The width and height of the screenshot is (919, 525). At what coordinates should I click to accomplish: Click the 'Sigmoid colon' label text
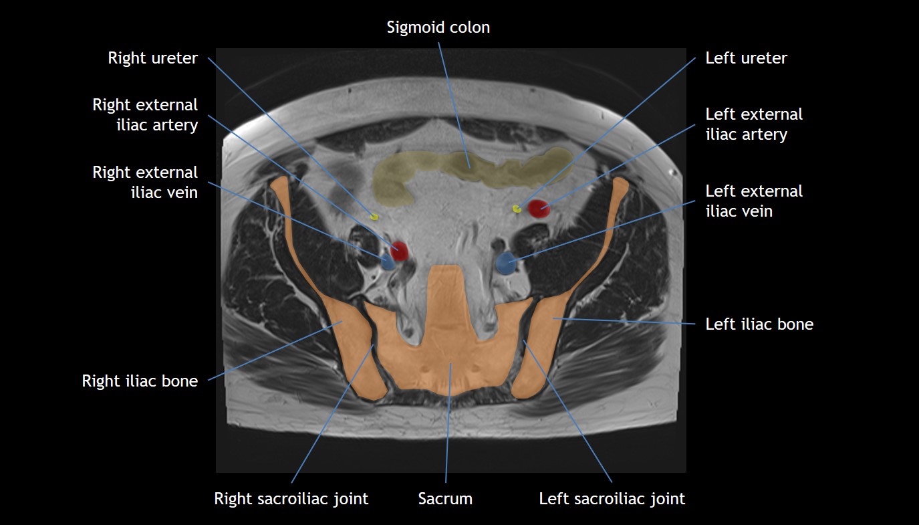[x=438, y=27]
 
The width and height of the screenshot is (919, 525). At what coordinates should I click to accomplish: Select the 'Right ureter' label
[x=152, y=58]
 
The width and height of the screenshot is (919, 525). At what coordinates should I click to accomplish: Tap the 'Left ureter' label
[x=746, y=58]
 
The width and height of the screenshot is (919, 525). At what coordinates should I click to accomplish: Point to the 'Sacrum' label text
[x=445, y=498]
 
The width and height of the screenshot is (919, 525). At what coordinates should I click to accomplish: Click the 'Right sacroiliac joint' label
[x=291, y=498]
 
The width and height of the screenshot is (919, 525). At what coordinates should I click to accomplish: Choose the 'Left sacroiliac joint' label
[x=612, y=498]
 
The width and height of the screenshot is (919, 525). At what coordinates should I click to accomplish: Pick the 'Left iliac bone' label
[x=759, y=324]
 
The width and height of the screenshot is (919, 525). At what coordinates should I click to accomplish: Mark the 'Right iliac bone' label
[x=140, y=381]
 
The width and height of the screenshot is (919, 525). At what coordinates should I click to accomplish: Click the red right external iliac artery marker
[x=399, y=251]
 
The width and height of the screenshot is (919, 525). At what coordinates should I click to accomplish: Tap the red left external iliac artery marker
[x=539, y=209]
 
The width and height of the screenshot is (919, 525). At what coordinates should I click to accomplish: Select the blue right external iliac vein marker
[x=388, y=262]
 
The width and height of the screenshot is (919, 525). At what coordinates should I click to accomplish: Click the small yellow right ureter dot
[x=374, y=217]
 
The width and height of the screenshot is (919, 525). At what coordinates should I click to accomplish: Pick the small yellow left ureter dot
[x=517, y=209]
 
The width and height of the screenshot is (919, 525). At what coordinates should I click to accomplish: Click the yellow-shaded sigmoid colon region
[x=468, y=171]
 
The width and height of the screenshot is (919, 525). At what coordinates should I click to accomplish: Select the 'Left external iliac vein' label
[x=754, y=201]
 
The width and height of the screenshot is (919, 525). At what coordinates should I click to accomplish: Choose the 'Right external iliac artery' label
[x=145, y=115]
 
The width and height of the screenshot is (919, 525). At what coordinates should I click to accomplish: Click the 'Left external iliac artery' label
[x=754, y=124]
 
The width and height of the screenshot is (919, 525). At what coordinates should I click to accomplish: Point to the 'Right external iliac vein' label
[x=145, y=183]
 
